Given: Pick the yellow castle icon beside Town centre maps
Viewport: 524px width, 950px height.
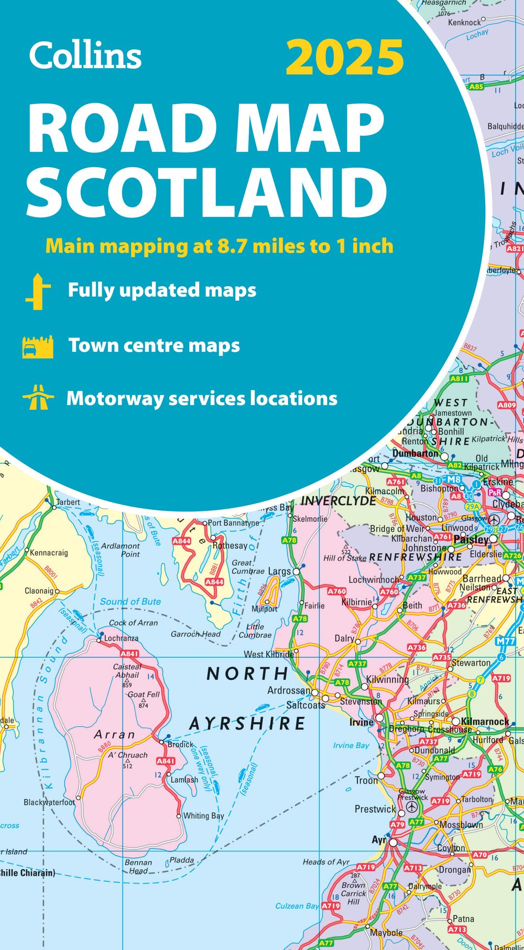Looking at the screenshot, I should coord(38,346).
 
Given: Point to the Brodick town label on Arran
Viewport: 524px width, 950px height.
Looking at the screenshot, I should coord(180,744).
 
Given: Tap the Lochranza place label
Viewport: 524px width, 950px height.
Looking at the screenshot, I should coord(121,638).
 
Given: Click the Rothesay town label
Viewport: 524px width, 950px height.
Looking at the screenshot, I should coord(230,545).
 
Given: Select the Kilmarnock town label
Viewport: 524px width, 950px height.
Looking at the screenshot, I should coord(485,722).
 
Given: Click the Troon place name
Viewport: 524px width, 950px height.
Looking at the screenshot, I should coord(366,780).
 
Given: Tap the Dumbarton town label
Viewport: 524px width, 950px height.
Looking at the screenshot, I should coord(415,453).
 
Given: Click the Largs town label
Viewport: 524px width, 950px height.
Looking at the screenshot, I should coord(279,571).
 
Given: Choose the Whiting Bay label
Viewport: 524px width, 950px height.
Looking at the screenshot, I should coord(203,816).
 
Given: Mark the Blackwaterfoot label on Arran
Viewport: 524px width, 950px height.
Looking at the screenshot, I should coord(49,802).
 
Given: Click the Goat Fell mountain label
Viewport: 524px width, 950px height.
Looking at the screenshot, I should coord(144,694).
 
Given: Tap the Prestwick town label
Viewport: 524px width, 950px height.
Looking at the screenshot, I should coord(375,809).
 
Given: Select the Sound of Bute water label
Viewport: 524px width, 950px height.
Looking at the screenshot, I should coord(130,602).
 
